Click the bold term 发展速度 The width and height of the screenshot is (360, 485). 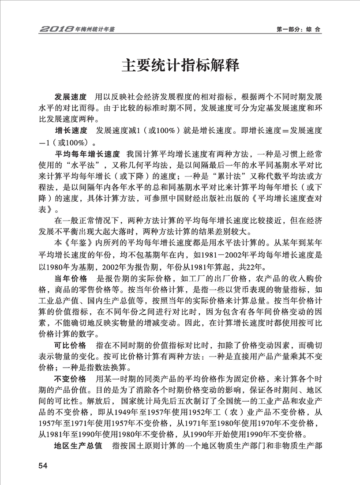pos(70,97)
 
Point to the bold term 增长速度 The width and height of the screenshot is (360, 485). pos(70,131)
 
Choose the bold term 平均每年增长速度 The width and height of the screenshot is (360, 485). pos(87,154)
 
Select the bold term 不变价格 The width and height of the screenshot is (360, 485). pos(70,379)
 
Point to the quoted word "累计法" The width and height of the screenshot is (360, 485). pos(239,177)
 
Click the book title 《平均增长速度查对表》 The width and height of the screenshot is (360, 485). pos(265,200)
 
